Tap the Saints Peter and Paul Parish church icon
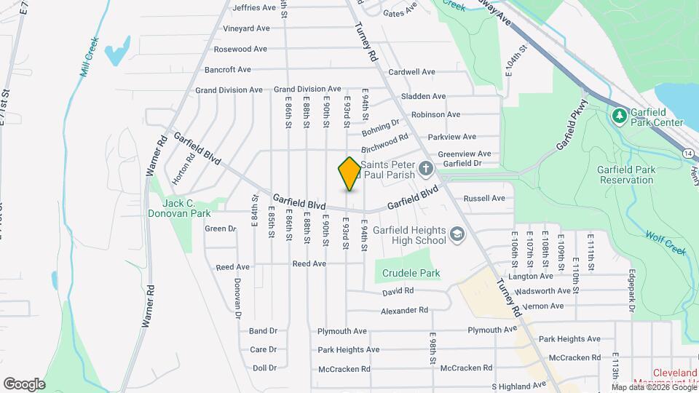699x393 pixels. (426, 170)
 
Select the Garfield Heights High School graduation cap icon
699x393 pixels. (457, 234)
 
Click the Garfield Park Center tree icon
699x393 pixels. (620, 115)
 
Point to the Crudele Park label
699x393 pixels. (411, 274)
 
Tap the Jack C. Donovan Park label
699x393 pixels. (178, 208)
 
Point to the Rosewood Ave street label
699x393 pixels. (242, 49)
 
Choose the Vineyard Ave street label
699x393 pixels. (246, 28)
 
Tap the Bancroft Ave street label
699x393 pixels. (227, 70)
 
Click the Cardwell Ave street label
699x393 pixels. (411, 72)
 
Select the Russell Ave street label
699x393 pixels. (484, 198)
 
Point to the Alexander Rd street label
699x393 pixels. (404, 311)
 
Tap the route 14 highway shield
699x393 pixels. (688, 154)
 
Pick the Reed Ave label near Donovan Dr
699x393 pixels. (232, 267)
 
